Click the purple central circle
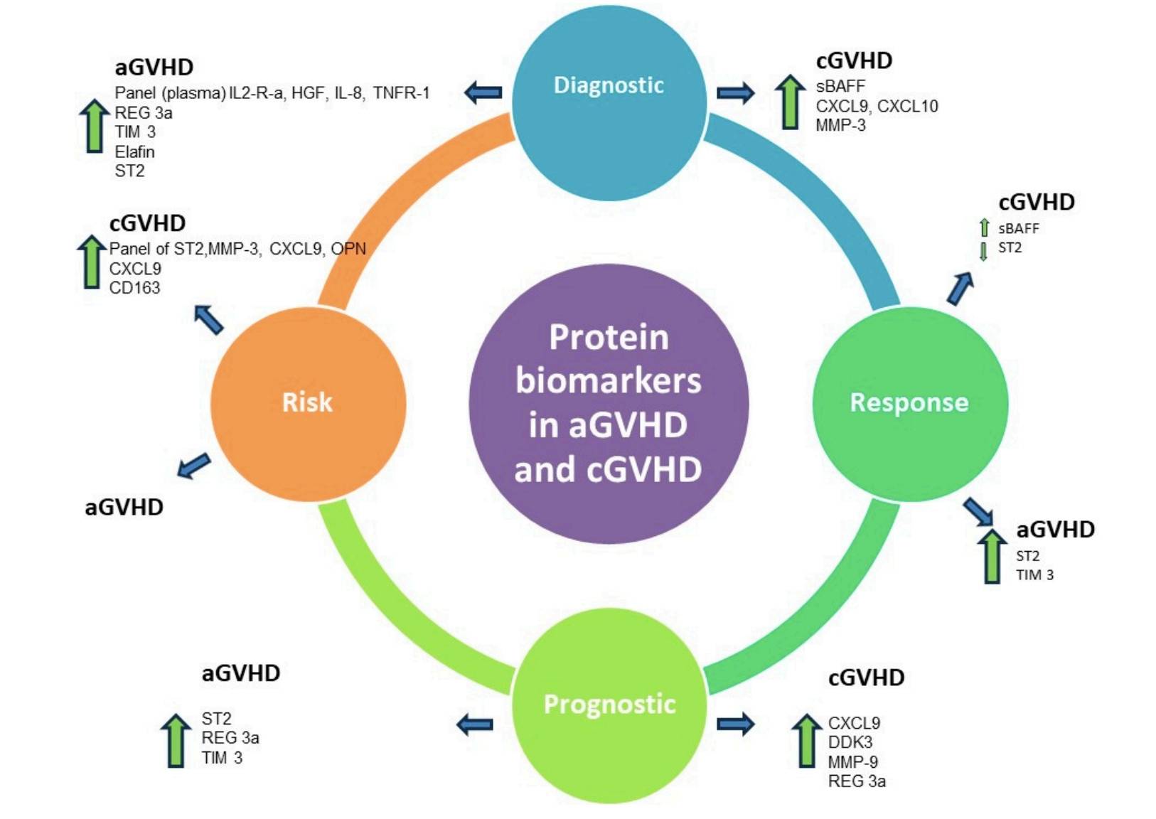click(609, 404)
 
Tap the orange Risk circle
click(308, 403)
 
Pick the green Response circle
click(909, 403)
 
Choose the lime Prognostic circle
click(609, 705)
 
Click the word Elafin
click(134, 151)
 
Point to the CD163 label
click(134, 288)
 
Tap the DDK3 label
click(850, 742)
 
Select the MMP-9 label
click(852, 761)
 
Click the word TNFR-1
click(401, 93)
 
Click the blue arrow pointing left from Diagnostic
click(483, 92)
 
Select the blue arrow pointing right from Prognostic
click(735, 724)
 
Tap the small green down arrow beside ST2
click(983, 251)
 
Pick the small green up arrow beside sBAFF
click(984, 228)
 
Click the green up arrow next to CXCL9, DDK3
click(806, 742)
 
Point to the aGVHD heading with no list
click(124, 508)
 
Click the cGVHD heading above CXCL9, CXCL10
click(854, 61)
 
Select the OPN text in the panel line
click(348, 249)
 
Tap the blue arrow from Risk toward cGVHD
click(209, 319)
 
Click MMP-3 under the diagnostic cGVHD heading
click(840, 126)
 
